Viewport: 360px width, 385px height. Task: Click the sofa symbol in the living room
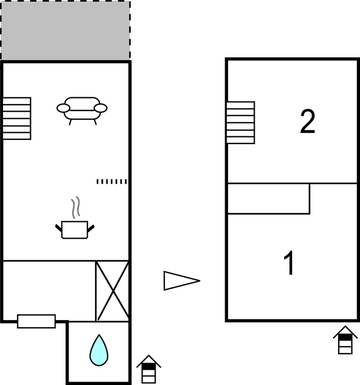point(82,110)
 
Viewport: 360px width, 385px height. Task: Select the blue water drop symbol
point(99,350)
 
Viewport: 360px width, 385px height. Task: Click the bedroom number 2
point(307,121)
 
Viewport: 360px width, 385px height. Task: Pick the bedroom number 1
point(289,263)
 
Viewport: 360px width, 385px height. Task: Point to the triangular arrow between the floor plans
point(182,280)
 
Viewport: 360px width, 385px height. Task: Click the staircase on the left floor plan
point(17,118)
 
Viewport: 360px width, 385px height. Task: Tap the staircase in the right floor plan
point(241,122)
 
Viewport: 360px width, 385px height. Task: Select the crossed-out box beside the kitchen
point(112,291)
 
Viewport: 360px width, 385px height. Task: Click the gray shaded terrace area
point(66,31)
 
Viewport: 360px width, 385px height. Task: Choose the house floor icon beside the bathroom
point(148,369)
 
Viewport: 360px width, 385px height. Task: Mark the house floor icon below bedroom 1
point(345,340)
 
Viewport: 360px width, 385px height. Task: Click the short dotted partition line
point(112,181)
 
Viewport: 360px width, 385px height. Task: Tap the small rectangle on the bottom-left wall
point(37,321)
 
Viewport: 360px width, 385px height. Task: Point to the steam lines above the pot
point(76,207)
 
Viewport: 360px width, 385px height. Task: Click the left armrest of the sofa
point(63,108)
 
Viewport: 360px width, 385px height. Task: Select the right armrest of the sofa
point(100,108)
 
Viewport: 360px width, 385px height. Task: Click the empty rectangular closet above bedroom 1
point(268,198)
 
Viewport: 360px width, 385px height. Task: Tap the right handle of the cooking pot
point(91,229)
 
